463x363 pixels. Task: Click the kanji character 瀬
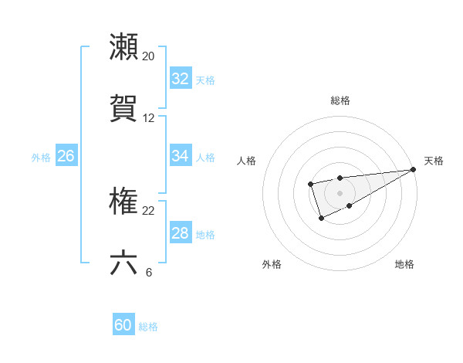coord(124,47)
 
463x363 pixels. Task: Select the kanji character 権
coord(124,202)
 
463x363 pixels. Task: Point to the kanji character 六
coord(124,263)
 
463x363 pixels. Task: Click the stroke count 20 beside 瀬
coord(149,56)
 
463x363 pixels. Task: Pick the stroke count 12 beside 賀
coord(149,118)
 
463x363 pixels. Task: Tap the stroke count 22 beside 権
coord(149,211)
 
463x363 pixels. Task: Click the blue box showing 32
coord(181,79)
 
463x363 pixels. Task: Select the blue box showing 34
coord(181,156)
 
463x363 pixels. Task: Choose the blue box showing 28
coord(181,233)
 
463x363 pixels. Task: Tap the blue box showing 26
coord(66,156)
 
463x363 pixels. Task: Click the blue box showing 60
coord(123,325)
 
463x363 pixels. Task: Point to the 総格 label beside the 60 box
coord(148,327)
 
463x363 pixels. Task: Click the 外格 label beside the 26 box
coord(41,157)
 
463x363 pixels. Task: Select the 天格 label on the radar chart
coord(434,161)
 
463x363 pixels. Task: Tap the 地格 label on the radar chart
coord(404,265)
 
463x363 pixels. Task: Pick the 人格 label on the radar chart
coord(247,161)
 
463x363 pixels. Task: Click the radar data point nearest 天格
coord(413,169)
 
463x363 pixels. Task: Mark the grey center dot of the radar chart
coord(340,192)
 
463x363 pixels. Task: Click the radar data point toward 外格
coord(322,219)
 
